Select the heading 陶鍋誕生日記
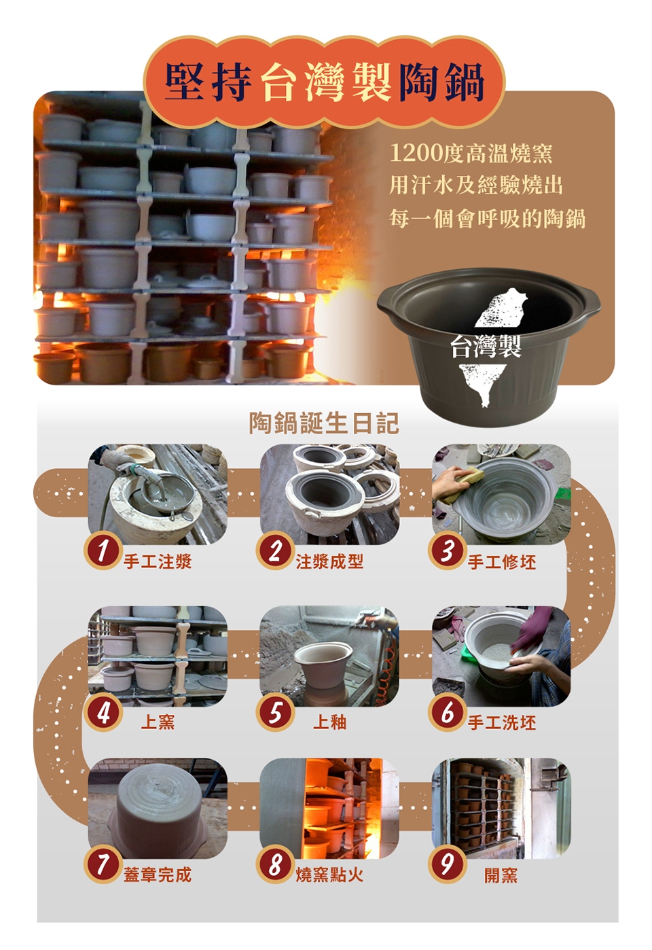[x=324, y=423]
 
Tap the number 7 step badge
[x=102, y=865]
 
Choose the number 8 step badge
[x=274, y=865]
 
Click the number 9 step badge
[x=447, y=865]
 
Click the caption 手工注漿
[x=158, y=561]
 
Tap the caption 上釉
[x=330, y=722]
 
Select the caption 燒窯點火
[x=330, y=875]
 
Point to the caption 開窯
[x=501, y=875]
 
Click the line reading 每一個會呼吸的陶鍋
[x=488, y=218]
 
